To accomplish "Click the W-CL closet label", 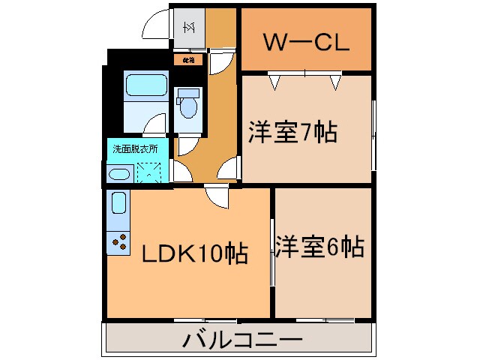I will point(305,42).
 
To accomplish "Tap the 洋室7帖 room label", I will point(292,133).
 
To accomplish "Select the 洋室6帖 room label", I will point(319,246).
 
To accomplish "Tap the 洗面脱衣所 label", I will point(135,148).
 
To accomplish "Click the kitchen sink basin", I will point(118,203).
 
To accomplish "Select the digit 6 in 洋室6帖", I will point(335,246).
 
